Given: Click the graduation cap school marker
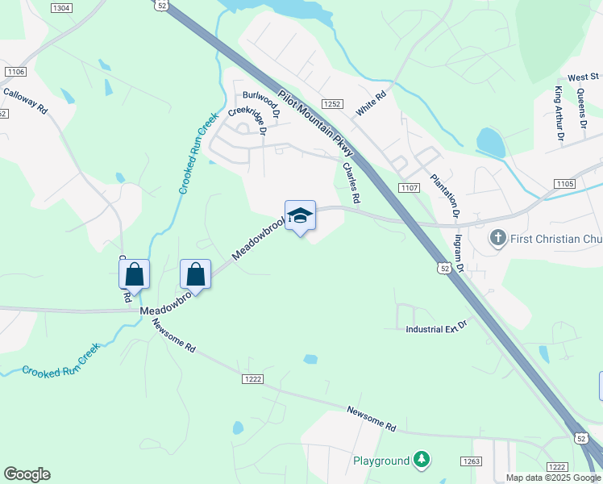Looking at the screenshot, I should pos(300,216).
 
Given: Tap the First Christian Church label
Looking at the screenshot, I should pos(555,239).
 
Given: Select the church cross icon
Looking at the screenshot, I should pos(497,239).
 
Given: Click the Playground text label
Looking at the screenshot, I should pos(381,461).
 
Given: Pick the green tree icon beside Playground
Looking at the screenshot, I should pos(421,461).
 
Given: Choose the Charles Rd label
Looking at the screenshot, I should pos(350,182).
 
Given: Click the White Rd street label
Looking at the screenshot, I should pos(372,103).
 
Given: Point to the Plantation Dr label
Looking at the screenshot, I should pos(443,197).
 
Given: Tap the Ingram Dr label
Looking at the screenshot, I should pos(460,247).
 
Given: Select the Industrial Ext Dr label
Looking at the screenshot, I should pos(436,329).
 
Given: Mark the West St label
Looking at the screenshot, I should pos(577,77).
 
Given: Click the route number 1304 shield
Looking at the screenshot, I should pos(60,7).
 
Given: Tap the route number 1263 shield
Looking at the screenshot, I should pos(472,461).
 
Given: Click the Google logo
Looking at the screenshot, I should pos(27,474).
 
